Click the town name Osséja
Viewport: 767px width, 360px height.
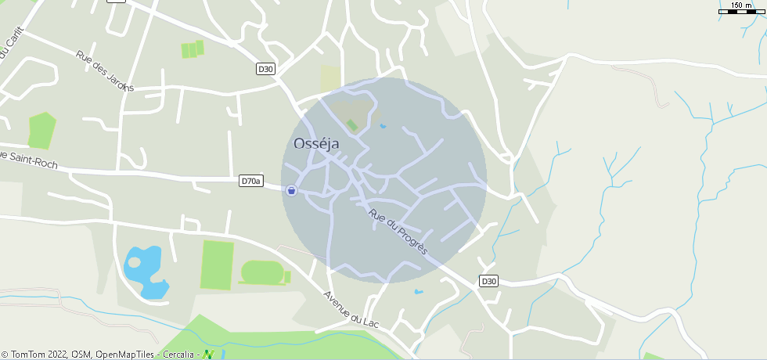[318, 144]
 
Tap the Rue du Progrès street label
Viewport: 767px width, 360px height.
[398, 231]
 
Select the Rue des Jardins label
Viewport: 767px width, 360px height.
[105, 71]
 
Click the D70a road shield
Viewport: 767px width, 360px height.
[250, 181]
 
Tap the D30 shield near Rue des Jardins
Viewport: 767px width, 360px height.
[266, 69]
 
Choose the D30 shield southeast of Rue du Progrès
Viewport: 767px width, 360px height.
[488, 281]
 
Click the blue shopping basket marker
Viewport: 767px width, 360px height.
[291, 190]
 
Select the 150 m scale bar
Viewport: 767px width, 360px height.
[741, 10]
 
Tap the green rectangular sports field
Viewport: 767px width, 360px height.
[217, 265]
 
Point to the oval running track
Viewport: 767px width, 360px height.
[262, 273]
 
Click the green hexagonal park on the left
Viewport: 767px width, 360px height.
[41, 131]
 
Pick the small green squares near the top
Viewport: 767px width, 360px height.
[193, 49]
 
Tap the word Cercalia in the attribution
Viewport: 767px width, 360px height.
[179, 355]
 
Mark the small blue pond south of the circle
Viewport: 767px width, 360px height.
[419, 292]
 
